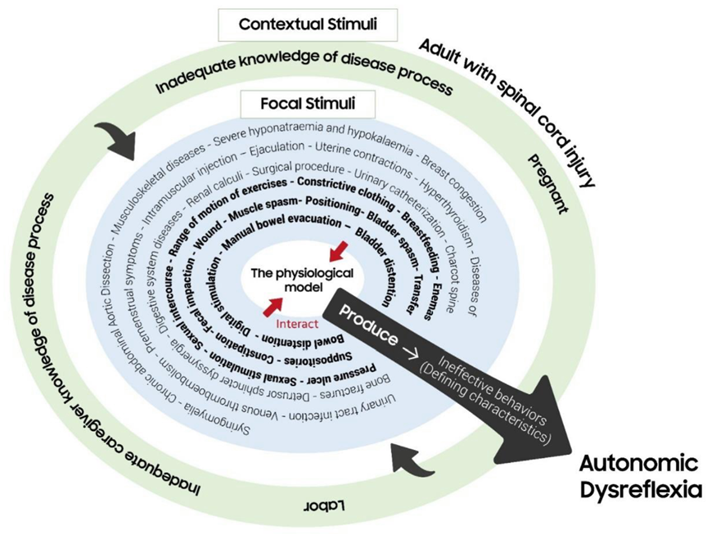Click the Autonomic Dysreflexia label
[x=639, y=478]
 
